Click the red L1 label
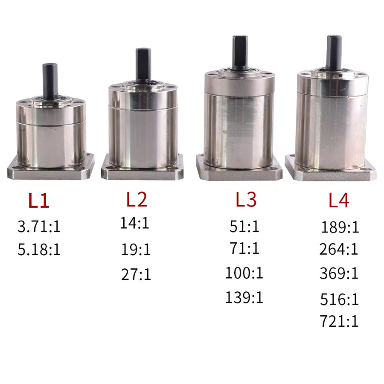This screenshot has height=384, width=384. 39,201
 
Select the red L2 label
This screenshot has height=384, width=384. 137,199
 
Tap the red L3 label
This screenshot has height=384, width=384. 246,199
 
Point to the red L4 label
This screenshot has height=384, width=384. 339,200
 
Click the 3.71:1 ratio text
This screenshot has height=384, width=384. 39,226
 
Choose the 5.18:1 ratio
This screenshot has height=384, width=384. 39,250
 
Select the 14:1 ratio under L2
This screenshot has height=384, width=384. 135,223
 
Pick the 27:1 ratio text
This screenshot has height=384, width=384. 136,274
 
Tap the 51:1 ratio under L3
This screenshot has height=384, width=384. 244,226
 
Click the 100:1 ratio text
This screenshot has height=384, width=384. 244,273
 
